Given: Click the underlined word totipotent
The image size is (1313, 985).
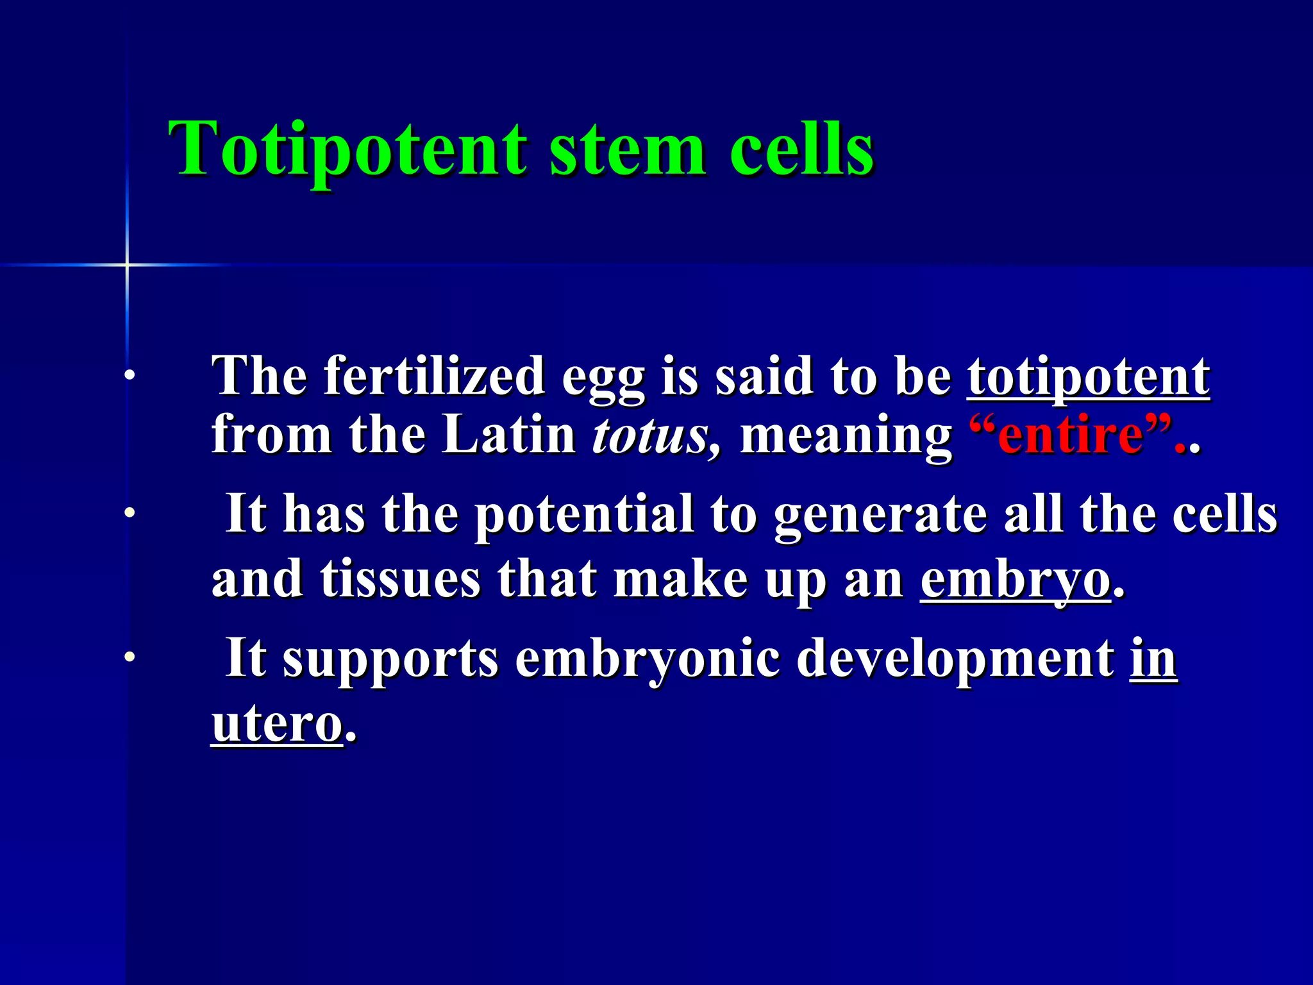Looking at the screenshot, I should pos(1088,377).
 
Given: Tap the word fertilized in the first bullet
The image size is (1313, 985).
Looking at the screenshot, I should pos(434,377).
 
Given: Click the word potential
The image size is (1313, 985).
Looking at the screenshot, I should pos(584,515).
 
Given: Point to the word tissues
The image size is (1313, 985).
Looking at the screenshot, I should pos(400,579).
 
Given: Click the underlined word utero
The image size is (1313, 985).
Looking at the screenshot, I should pos(277,725).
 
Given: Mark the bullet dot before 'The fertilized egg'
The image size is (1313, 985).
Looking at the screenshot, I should pos(130,376).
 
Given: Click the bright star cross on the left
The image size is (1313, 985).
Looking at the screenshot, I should pos(127,264).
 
